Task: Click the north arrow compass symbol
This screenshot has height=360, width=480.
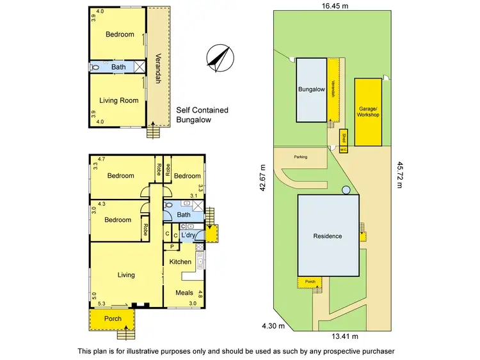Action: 218,57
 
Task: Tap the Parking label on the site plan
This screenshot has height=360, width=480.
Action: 301,157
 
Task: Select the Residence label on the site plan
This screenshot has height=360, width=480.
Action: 327,236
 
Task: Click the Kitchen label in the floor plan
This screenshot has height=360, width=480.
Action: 180,262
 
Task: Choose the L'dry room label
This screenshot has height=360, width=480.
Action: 188,236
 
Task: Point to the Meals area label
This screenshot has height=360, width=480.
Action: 184,293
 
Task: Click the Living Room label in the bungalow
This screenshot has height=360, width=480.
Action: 119,100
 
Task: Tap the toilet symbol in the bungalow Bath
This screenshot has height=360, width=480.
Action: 96,67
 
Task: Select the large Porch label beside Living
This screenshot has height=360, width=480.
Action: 113,318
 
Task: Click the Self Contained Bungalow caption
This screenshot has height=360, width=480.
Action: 202,114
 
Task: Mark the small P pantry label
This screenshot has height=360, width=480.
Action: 172,246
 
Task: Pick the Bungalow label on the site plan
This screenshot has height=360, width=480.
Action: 311,90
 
